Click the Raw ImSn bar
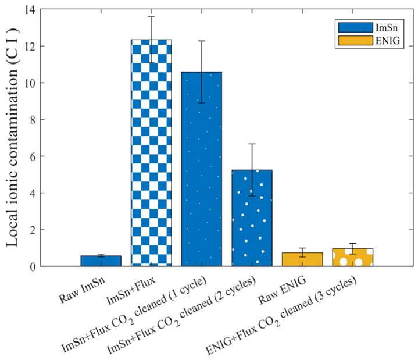[101, 261]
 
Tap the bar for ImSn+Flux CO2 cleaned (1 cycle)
[201, 169]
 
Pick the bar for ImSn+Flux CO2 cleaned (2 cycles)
[252, 218]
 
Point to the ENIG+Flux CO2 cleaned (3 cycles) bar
[352, 258]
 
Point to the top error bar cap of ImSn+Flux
[151, 17]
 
